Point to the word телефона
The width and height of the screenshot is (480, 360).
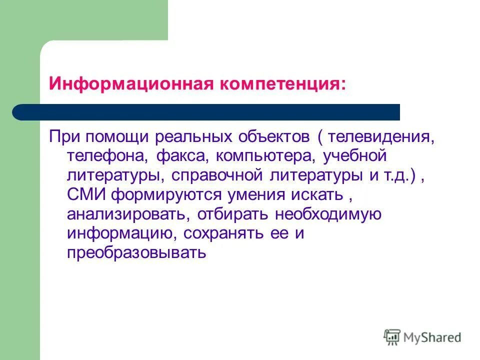pos(106,156)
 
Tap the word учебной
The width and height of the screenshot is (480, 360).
pos(355,156)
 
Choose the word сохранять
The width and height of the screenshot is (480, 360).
pos(236,234)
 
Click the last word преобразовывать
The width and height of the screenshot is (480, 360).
pos(136,253)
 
